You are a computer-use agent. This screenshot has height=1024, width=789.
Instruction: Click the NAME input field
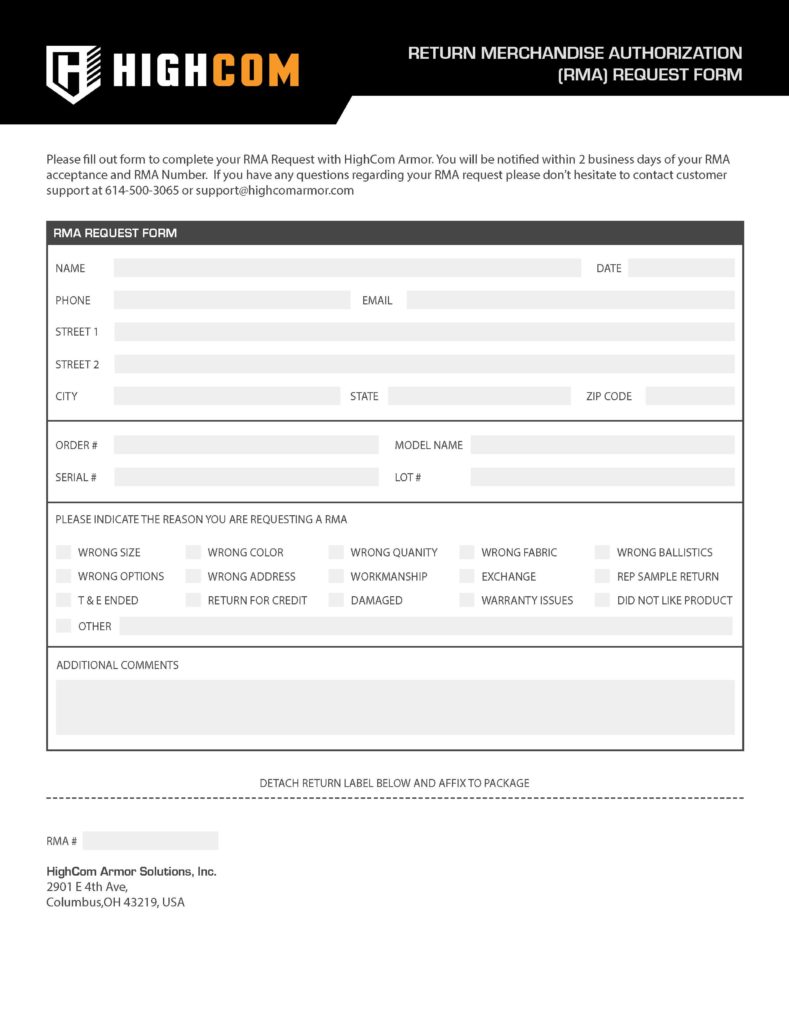tap(347, 268)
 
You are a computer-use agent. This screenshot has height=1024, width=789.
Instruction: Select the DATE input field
tap(681, 268)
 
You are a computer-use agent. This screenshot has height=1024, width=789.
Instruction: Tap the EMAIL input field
tap(570, 300)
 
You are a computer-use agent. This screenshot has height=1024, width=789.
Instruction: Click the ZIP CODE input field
tap(690, 396)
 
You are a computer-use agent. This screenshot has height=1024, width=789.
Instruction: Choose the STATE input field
tap(479, 396)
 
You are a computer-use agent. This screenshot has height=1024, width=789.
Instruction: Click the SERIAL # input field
tap(246, 477)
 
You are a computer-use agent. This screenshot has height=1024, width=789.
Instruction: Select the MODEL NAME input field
tap(602, 445)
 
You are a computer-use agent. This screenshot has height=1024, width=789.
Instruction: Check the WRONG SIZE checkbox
tap(64, 552)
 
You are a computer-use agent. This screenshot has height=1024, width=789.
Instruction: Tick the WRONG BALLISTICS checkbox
tap(602, 552)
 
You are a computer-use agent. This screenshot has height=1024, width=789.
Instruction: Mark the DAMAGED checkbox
tap(336, 600)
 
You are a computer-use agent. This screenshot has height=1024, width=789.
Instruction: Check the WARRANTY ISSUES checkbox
tap(467, 600)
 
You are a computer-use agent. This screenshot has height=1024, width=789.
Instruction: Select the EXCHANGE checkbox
tap(467, 576)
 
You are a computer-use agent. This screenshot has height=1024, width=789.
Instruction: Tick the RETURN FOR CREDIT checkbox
tap(193, 600)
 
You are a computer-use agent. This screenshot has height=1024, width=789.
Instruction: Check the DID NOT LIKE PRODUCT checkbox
tap(602, 600)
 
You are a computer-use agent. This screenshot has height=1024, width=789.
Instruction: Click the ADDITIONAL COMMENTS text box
tap(395, 707)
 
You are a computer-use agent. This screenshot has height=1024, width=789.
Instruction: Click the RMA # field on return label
tap(150, 841)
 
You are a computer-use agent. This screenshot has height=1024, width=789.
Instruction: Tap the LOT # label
tap(408, 478)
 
